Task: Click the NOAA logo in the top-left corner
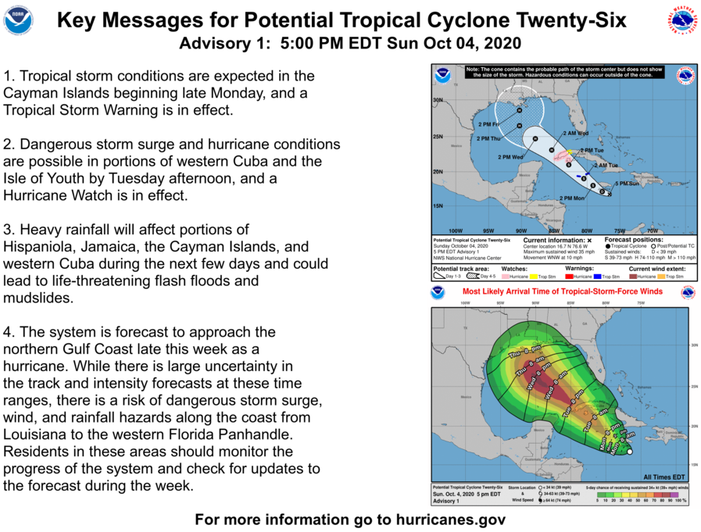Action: pyautogui.click(x=18, y=20)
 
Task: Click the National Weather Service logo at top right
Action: pyautogui.click(x=681, y=20)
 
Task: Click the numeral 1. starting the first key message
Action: pyautogui.click(x=9, y=77)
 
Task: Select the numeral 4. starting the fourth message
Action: pyautogui.click(x=9, y=331)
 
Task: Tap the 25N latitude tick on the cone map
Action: pyautogui.click(x=438, y=137)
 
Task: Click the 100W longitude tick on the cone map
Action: pyautogui.click(x=456, y=231)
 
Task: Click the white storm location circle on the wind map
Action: pyautogui.click(x=630, y=450)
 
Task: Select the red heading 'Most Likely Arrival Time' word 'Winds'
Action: pyautogui.click(x=648, y=291)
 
